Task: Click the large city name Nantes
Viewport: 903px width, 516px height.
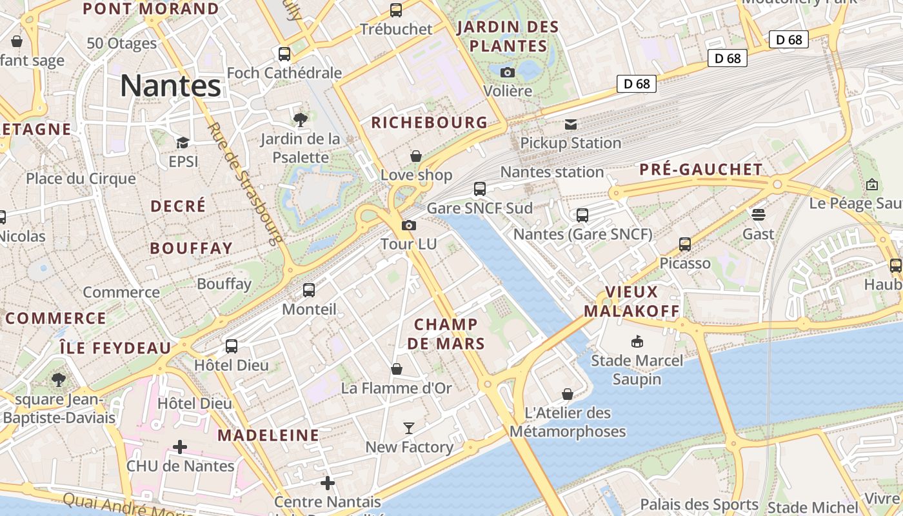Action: click(171, 85)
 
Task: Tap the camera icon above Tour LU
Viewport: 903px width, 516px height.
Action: click(409, 225)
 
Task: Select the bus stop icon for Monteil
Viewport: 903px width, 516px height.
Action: click(309, 290)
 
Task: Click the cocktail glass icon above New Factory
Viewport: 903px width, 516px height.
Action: click(409, 428)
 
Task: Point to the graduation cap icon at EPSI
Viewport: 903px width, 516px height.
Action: click(183, 143)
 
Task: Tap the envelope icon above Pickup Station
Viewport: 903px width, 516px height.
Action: click(571, 124)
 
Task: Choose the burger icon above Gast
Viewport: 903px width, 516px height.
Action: click(758, 214)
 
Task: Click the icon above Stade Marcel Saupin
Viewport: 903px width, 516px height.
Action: click(637, 341)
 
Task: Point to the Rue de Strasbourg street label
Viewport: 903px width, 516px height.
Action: click(246, 184)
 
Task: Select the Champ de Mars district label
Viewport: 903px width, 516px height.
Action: click(446, 333)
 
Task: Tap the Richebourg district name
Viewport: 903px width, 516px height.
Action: click(429, 123)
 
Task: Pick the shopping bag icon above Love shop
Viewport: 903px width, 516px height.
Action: click(416, 156)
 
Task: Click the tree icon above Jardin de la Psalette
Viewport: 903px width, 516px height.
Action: click(300, 119)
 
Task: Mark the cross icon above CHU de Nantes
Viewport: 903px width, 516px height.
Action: click(180, 446)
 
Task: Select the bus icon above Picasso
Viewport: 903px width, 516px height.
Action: click(685, 244)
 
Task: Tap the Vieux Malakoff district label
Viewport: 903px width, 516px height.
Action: click(631, 301)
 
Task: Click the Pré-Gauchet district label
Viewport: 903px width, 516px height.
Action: click(700, 170)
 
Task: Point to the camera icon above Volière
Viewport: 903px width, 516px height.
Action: click(508, 72)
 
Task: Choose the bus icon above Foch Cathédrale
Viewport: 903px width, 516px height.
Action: click(284, 54)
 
